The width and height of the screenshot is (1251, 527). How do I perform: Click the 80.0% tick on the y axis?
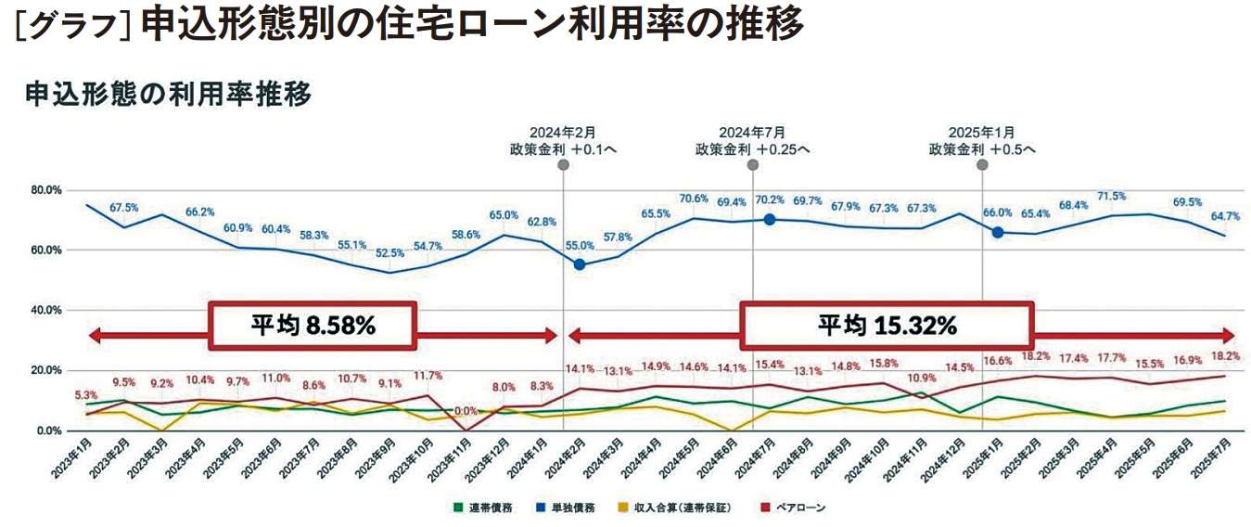(x=46, y=190)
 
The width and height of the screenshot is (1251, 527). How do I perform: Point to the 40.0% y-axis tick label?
(x=46, y=311)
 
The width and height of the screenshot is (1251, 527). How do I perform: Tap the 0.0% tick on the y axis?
(x=49, y=431)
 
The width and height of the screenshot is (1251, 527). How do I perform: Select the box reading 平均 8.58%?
(x=313, y=326)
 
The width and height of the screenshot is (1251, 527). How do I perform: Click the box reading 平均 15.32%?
(x=886, y=326)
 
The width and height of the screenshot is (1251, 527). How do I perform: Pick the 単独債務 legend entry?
(x=568, y=508)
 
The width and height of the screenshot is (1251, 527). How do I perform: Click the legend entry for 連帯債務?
(x=481, y=508)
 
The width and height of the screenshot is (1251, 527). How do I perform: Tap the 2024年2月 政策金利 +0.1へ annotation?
(x=564, y=140)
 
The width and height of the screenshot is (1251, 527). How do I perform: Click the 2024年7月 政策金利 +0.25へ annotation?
(x=752, y=140)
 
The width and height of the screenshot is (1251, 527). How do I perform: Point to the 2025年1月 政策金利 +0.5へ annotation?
(x=982, y=140)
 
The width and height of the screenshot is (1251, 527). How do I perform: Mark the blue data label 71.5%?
(x=1111, y=197)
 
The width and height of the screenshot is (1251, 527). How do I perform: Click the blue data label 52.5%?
(x=390, y=252)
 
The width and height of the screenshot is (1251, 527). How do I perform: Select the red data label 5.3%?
(x=85, y=396)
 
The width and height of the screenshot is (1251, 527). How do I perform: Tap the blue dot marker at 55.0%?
(x=580, y=264)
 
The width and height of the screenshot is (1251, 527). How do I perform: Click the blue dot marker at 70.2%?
(x=770, y=219)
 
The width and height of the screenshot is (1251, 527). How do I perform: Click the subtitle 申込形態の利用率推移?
(x=168, y=93)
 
